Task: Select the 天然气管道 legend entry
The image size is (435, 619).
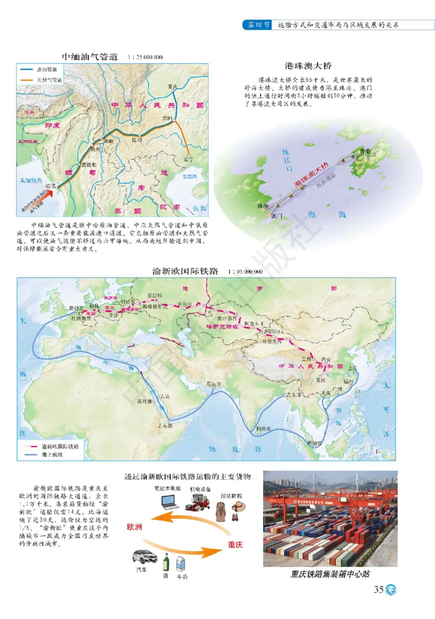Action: coord(49,79)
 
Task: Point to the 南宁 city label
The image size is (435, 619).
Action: coord(188,160)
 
